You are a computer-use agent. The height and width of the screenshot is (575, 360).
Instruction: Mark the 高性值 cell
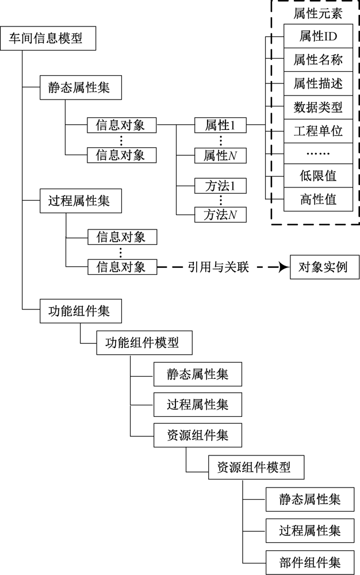pyautogui.click(x=317, y=200)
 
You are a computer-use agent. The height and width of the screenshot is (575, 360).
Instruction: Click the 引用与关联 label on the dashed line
pyautogui.click(x=219, y=267)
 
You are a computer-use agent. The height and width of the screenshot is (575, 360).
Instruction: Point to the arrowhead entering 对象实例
pyautogui.click(x=283, y=267)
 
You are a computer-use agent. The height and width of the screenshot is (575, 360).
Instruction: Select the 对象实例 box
pyautogui.click(x=323, y=267)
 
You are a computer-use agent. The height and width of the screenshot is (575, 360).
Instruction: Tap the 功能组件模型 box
pyautogui.click(x=142, y=343)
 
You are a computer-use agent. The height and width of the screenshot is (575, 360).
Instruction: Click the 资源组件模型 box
pyautogui.click(x=254, y=467)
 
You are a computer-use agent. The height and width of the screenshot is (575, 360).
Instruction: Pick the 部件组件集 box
pyautogui.click(x=310, y=561)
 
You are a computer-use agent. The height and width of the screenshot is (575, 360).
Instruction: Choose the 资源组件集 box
pyautogui.click(x=198, y=436)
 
